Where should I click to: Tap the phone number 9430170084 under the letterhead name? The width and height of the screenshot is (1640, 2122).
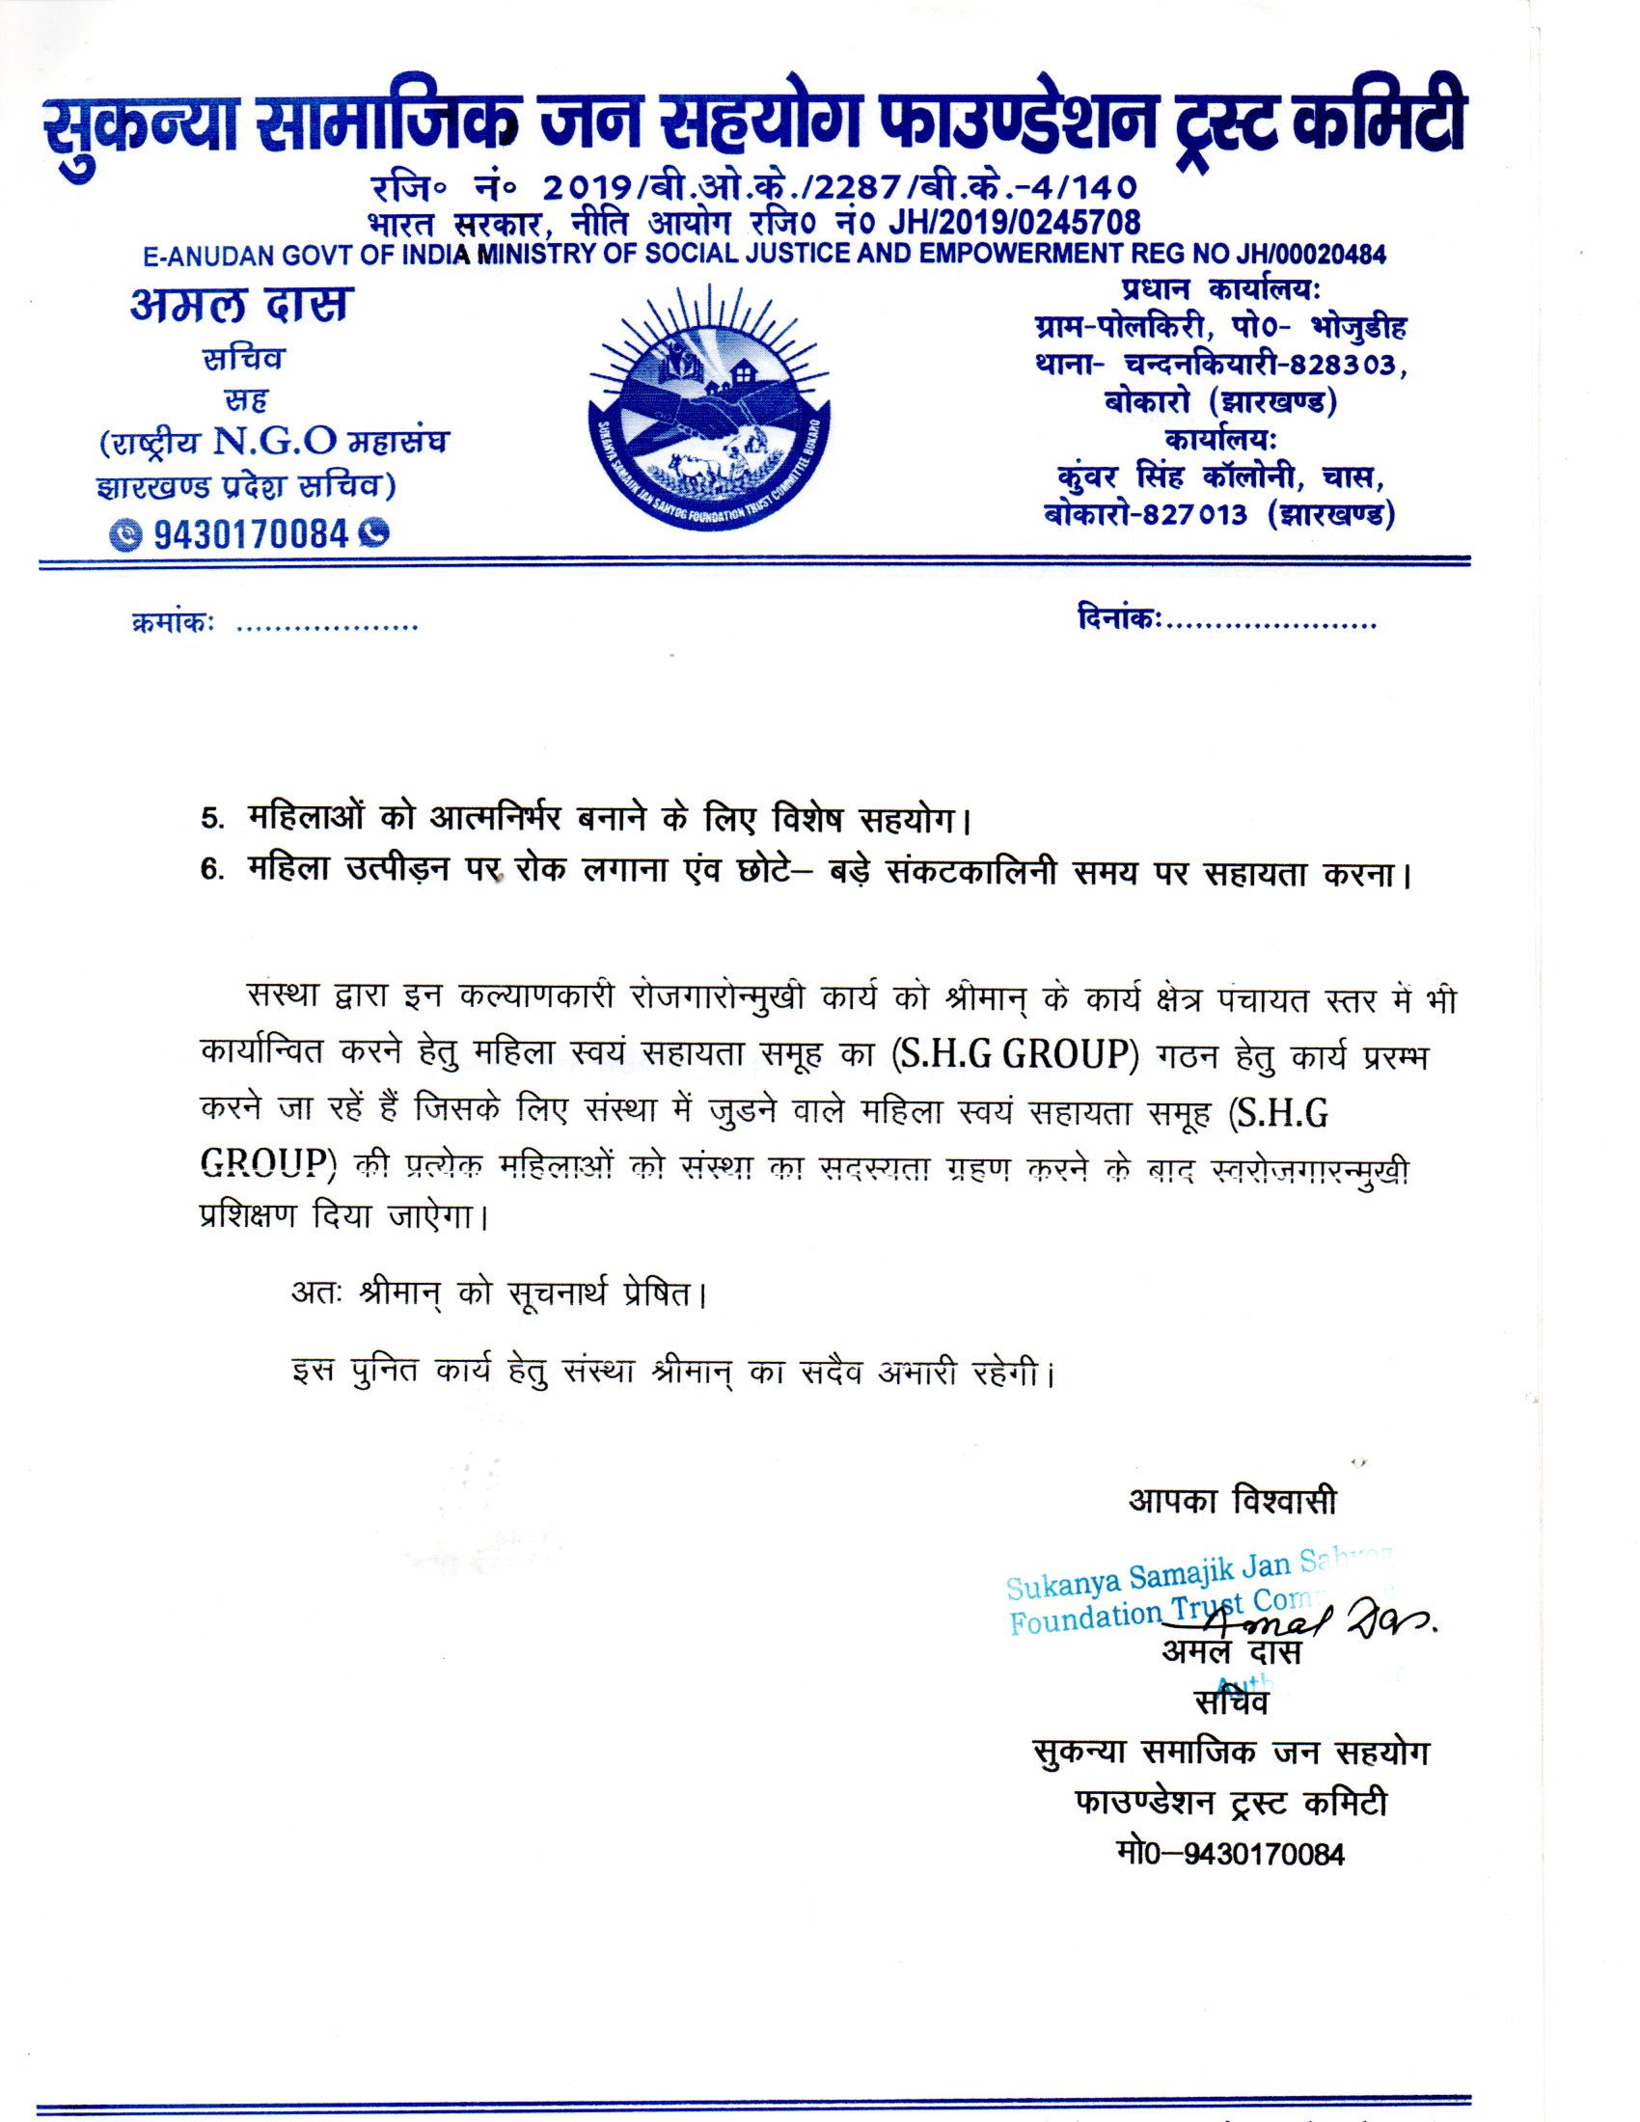pos(250,533)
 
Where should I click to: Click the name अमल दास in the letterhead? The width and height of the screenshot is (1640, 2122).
pos(242,305)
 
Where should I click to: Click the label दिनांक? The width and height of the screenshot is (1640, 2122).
pos(1118,619)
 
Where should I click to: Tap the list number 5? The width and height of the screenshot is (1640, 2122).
pos(210,819)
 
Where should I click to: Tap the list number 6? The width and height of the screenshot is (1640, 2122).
pos(210,870)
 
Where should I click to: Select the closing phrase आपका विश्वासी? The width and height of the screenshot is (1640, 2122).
pos(1232,1501)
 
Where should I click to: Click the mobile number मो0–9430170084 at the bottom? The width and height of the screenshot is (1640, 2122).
pos(1232,1854)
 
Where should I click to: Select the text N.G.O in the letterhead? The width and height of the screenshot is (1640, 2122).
pos(275,442)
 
